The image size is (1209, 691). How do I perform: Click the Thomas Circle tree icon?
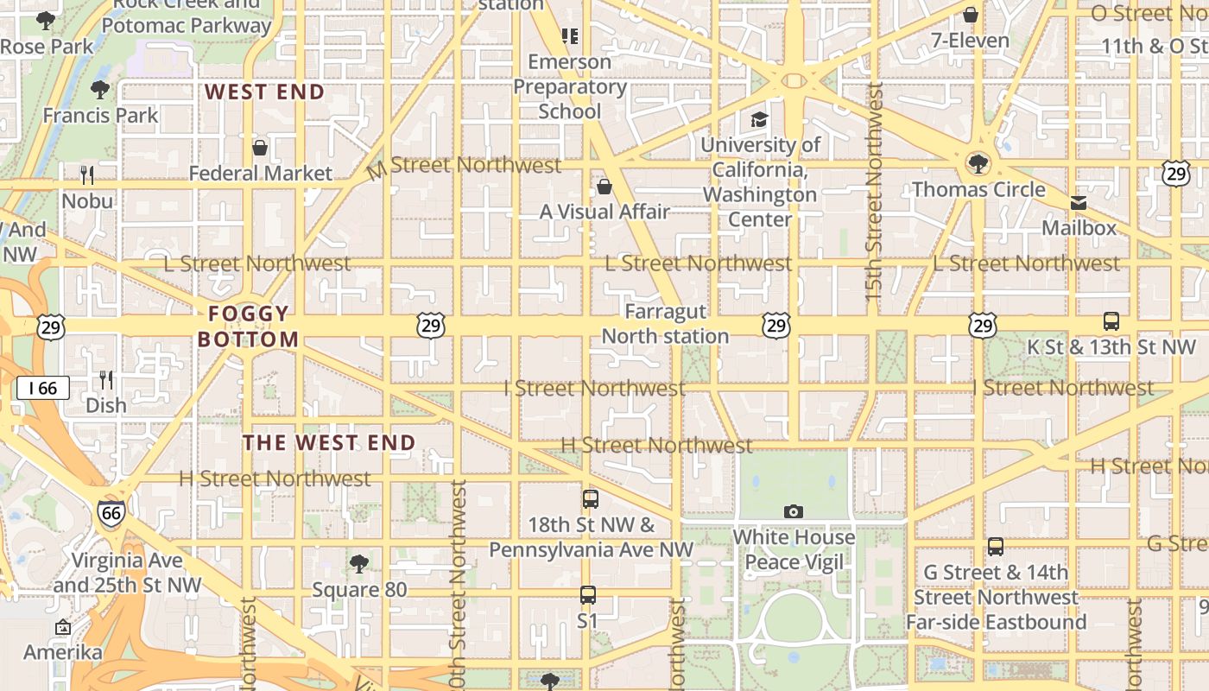(978, 163)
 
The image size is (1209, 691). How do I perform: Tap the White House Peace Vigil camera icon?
(794, 512)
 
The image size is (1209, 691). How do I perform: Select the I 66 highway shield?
(42, 388)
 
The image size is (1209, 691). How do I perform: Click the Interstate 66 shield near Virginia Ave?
(111, 514)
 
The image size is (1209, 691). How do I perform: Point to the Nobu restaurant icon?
(87, 175)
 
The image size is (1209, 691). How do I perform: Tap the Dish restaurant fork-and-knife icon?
(106, 379)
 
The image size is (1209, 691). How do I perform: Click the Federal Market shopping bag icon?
(260, 148)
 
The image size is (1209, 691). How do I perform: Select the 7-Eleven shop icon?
(971, 15)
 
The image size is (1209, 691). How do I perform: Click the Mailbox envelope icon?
(1079, 203)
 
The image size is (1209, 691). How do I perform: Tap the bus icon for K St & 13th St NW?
(1111, 321)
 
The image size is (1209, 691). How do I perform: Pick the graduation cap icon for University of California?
(759, 119)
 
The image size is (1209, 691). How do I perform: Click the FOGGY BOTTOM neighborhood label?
(248, 326)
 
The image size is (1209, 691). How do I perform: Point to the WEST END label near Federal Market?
(264, 92)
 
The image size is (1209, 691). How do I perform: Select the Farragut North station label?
(665, 324)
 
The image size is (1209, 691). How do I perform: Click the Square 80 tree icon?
(359, 565)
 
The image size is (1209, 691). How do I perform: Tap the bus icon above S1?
(588, 595)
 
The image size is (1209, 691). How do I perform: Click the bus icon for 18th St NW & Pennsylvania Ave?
(591, 498)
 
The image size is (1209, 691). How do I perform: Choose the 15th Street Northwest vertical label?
(873, 192)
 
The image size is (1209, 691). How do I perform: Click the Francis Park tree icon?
(100, 89)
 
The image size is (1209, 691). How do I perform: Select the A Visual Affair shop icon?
(604, 187)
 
